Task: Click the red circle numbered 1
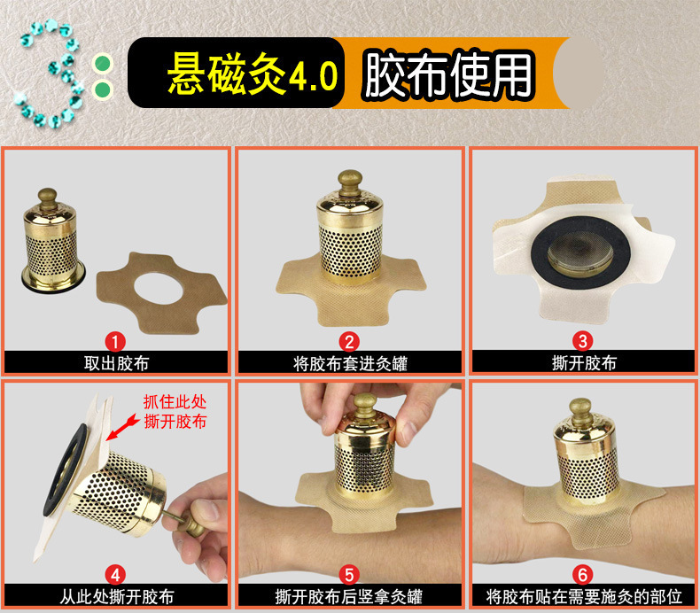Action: [x=115, y=342]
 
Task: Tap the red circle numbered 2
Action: [x=349, y=342]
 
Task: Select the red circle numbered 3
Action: [x=582, y=342]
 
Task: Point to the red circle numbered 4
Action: [x=115, y=575]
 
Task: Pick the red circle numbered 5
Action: [x=349, y=575]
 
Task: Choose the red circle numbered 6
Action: [x=582, y=575]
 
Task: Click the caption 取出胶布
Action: [x=116, y=363]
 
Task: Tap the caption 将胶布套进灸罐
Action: [x=350, y=363]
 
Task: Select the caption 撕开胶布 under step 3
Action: [x=584, y=363]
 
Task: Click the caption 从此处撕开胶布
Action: [x=116, y=597]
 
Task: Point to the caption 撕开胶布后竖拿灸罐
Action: [x=348, y=597]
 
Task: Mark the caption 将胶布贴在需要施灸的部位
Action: [x=584, y=597]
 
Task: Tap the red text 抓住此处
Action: [x=175, y=402]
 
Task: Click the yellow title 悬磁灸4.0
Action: [x=253, y=74]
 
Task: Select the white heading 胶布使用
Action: [x=448, y=74]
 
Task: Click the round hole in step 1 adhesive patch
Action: [x=158, y=288]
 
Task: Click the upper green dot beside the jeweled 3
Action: [x=103, y=63]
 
